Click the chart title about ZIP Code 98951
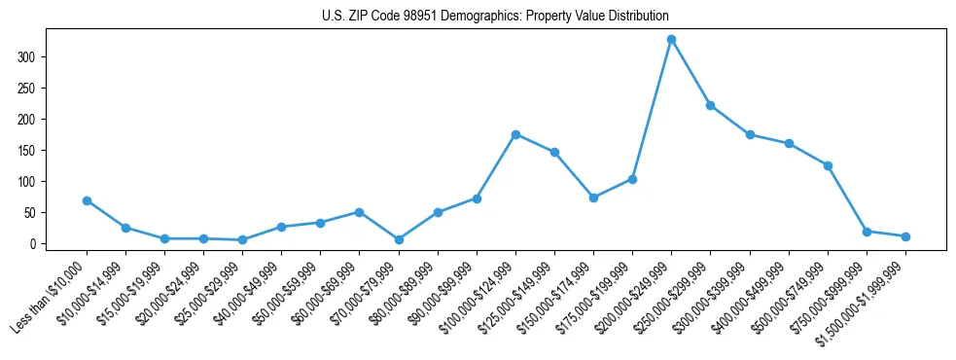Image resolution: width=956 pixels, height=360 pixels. [x=495, y=17]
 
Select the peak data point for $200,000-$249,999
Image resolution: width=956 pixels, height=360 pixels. [x=671, y=39]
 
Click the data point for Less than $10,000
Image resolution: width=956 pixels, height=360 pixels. [x=87, y=200]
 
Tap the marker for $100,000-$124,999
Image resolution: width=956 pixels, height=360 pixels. [x=515, y=134]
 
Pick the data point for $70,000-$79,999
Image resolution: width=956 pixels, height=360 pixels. [x=399, y=239]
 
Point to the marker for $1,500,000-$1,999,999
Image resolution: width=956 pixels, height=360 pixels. [x=905, y=236]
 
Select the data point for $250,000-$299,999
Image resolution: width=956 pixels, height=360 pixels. [x=710, y=105]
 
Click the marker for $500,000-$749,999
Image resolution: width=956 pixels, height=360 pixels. [x=828, y=165]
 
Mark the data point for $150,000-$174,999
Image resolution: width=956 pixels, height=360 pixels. [x=593, y=198]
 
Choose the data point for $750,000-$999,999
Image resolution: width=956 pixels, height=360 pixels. [x=867, y=232]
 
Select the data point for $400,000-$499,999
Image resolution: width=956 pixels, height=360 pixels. [x=789, y=143]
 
